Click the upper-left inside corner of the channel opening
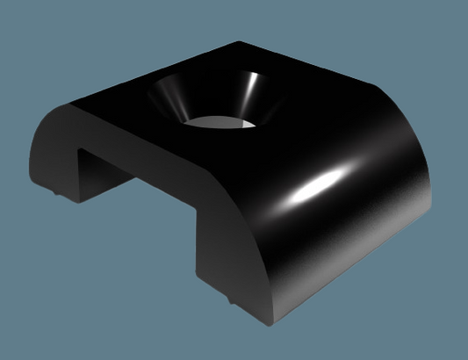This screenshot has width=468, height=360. (x=81, y=149)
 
